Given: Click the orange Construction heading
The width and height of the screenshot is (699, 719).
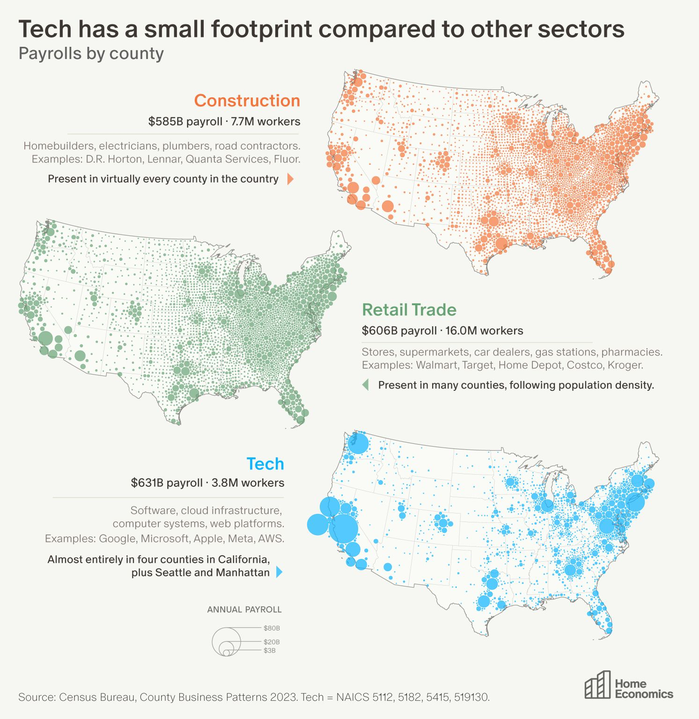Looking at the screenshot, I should [x=247, y=101].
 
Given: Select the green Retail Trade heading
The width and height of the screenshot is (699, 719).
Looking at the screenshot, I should [x=409, y=310].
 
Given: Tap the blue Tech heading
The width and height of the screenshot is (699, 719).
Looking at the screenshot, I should [x=265, y=463].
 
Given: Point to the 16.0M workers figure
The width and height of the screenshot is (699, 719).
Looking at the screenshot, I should [x=484, y=331].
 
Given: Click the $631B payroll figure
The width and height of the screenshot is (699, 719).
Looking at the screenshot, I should [x=167, y=483].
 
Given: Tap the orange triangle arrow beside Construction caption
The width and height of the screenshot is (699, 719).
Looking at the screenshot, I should [x=290, y=179].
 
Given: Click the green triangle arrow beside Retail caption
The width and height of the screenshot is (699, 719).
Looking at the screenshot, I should [x=366, y=385].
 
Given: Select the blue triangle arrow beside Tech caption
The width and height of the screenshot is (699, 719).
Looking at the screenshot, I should [x=280, y=572].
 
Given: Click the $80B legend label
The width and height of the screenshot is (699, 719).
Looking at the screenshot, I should [x=272, y=628].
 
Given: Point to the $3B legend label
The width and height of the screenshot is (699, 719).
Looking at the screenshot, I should [x=269, y=651].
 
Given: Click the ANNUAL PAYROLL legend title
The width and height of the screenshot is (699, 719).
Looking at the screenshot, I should [x=244, y=609].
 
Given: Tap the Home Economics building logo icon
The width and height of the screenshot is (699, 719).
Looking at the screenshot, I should [x=597, y=685].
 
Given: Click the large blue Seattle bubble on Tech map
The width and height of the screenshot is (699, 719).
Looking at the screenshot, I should [x=358, y=443].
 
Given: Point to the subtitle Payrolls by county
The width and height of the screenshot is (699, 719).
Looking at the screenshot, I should [x=91, y=53].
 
